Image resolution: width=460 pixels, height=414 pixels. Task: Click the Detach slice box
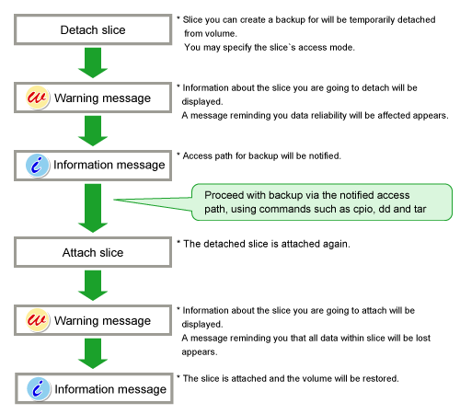(93, 29)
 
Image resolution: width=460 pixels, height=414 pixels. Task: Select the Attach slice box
(93, 252)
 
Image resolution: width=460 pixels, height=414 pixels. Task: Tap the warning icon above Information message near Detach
(37, 98)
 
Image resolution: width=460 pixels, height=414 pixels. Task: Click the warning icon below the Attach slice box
(37, 320)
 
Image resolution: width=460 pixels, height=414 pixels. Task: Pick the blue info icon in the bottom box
(39, 389)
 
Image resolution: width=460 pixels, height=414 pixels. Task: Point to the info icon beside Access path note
(38, 166)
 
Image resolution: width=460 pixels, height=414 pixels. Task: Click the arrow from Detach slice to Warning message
(93, 63)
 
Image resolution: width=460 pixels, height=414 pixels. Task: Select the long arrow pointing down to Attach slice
(93, 208)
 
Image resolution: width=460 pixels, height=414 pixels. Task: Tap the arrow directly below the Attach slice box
(93, 285)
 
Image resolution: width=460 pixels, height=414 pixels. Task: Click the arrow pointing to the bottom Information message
(93, 353)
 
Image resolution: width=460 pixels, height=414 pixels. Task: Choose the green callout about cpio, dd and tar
(322, 202)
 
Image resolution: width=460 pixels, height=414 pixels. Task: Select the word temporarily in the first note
(372, 20)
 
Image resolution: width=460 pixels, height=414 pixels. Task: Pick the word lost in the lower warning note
(423, 338)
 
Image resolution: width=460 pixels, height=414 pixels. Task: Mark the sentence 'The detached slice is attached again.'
(267, 244)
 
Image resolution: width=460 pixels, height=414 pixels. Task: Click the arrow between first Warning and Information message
(93, 131)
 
